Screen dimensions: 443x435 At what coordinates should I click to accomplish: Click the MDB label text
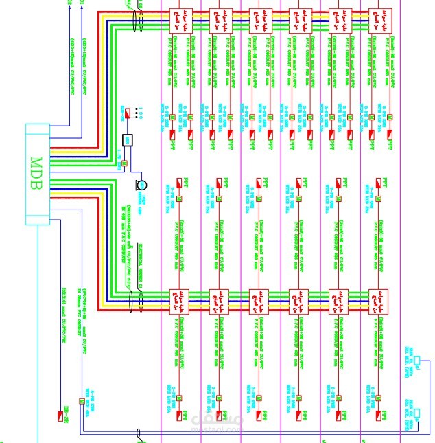click(x=37, y=174)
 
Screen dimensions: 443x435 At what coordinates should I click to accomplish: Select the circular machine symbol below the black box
click(x=141, y=184)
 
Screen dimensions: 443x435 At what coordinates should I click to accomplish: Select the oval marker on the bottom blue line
click(x=139, y=433)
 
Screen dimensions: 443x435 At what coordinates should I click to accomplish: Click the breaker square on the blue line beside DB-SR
click(x=81, y=402)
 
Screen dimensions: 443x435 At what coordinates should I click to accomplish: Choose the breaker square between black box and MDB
click(x=124, y=163)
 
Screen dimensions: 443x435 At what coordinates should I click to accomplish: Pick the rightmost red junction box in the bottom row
click(x=379, y=299)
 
